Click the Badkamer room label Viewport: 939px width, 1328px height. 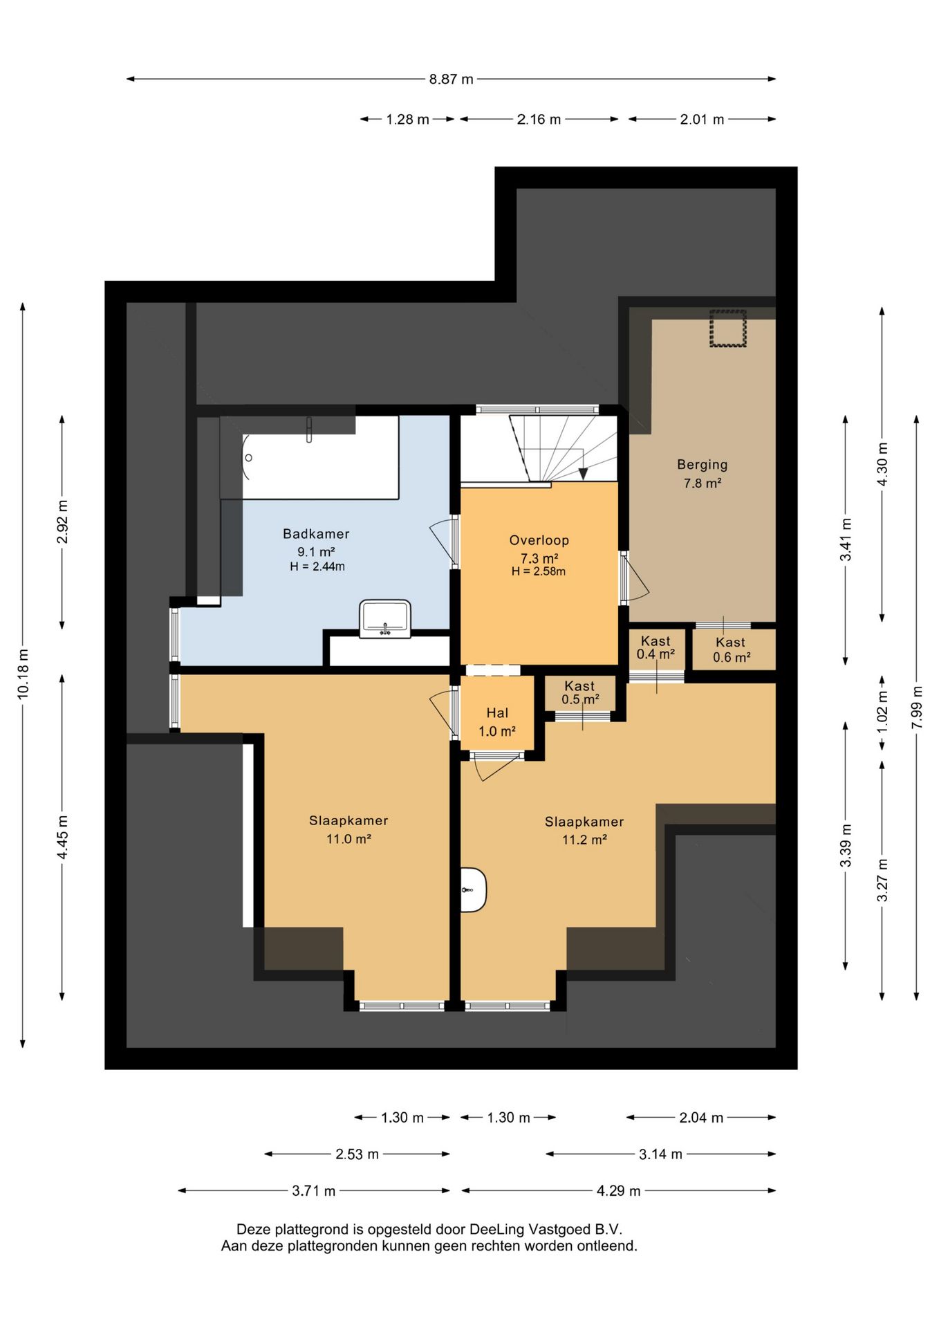(316, 534)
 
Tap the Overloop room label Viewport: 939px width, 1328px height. (539, 540)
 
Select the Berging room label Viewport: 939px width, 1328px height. (703, 465)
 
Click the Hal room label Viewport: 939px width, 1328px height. (497, 713)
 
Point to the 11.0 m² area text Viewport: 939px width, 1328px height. (348, 839)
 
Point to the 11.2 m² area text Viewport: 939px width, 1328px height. (584, 840)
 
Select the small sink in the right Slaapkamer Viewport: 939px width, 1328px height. (474, 889)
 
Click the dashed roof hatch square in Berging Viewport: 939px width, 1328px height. (728, 328)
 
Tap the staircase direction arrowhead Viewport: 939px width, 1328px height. (583, 473)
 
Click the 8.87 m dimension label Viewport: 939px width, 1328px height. (452, 79)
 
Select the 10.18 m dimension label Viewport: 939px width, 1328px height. (23, 674)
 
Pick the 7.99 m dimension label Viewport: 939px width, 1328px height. (917, 707)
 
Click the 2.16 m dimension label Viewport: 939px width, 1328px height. (539, 119)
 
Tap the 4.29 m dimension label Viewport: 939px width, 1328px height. (619, 1190)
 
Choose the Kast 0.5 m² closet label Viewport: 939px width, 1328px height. (579, 692)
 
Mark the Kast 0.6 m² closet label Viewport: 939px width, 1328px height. (732, 649)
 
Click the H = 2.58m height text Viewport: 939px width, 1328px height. (539, 571)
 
